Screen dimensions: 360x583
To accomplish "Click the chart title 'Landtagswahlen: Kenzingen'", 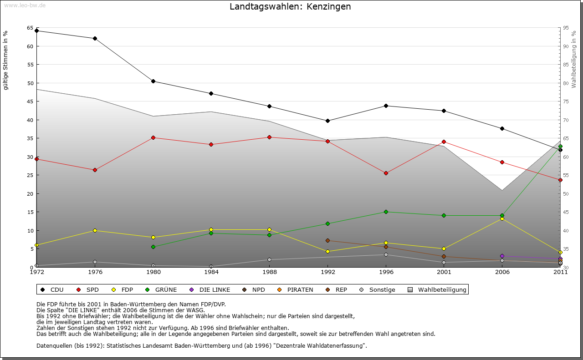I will point(290,7).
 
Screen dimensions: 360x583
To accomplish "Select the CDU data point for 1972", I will point(37,31).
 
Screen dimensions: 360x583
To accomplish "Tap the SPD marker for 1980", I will point(153,137).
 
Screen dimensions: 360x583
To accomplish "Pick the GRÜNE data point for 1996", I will point(386,212).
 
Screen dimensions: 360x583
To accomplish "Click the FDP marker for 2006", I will point(502,219).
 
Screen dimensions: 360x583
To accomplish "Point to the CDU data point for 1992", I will point(327,121).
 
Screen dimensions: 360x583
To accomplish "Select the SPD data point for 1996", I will point(386,173).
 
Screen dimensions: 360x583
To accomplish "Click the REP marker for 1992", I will point(327,240).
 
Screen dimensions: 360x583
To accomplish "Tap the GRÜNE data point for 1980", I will point(153,247).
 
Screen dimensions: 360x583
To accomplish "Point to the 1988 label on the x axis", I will point(269,273).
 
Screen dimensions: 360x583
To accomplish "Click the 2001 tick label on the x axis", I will point(444,273).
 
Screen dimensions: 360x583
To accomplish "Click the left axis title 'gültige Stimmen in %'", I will point(6,60).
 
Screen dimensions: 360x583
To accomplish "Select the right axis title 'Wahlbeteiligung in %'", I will point(574,59).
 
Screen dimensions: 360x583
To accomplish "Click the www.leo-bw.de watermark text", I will point(25,5).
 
